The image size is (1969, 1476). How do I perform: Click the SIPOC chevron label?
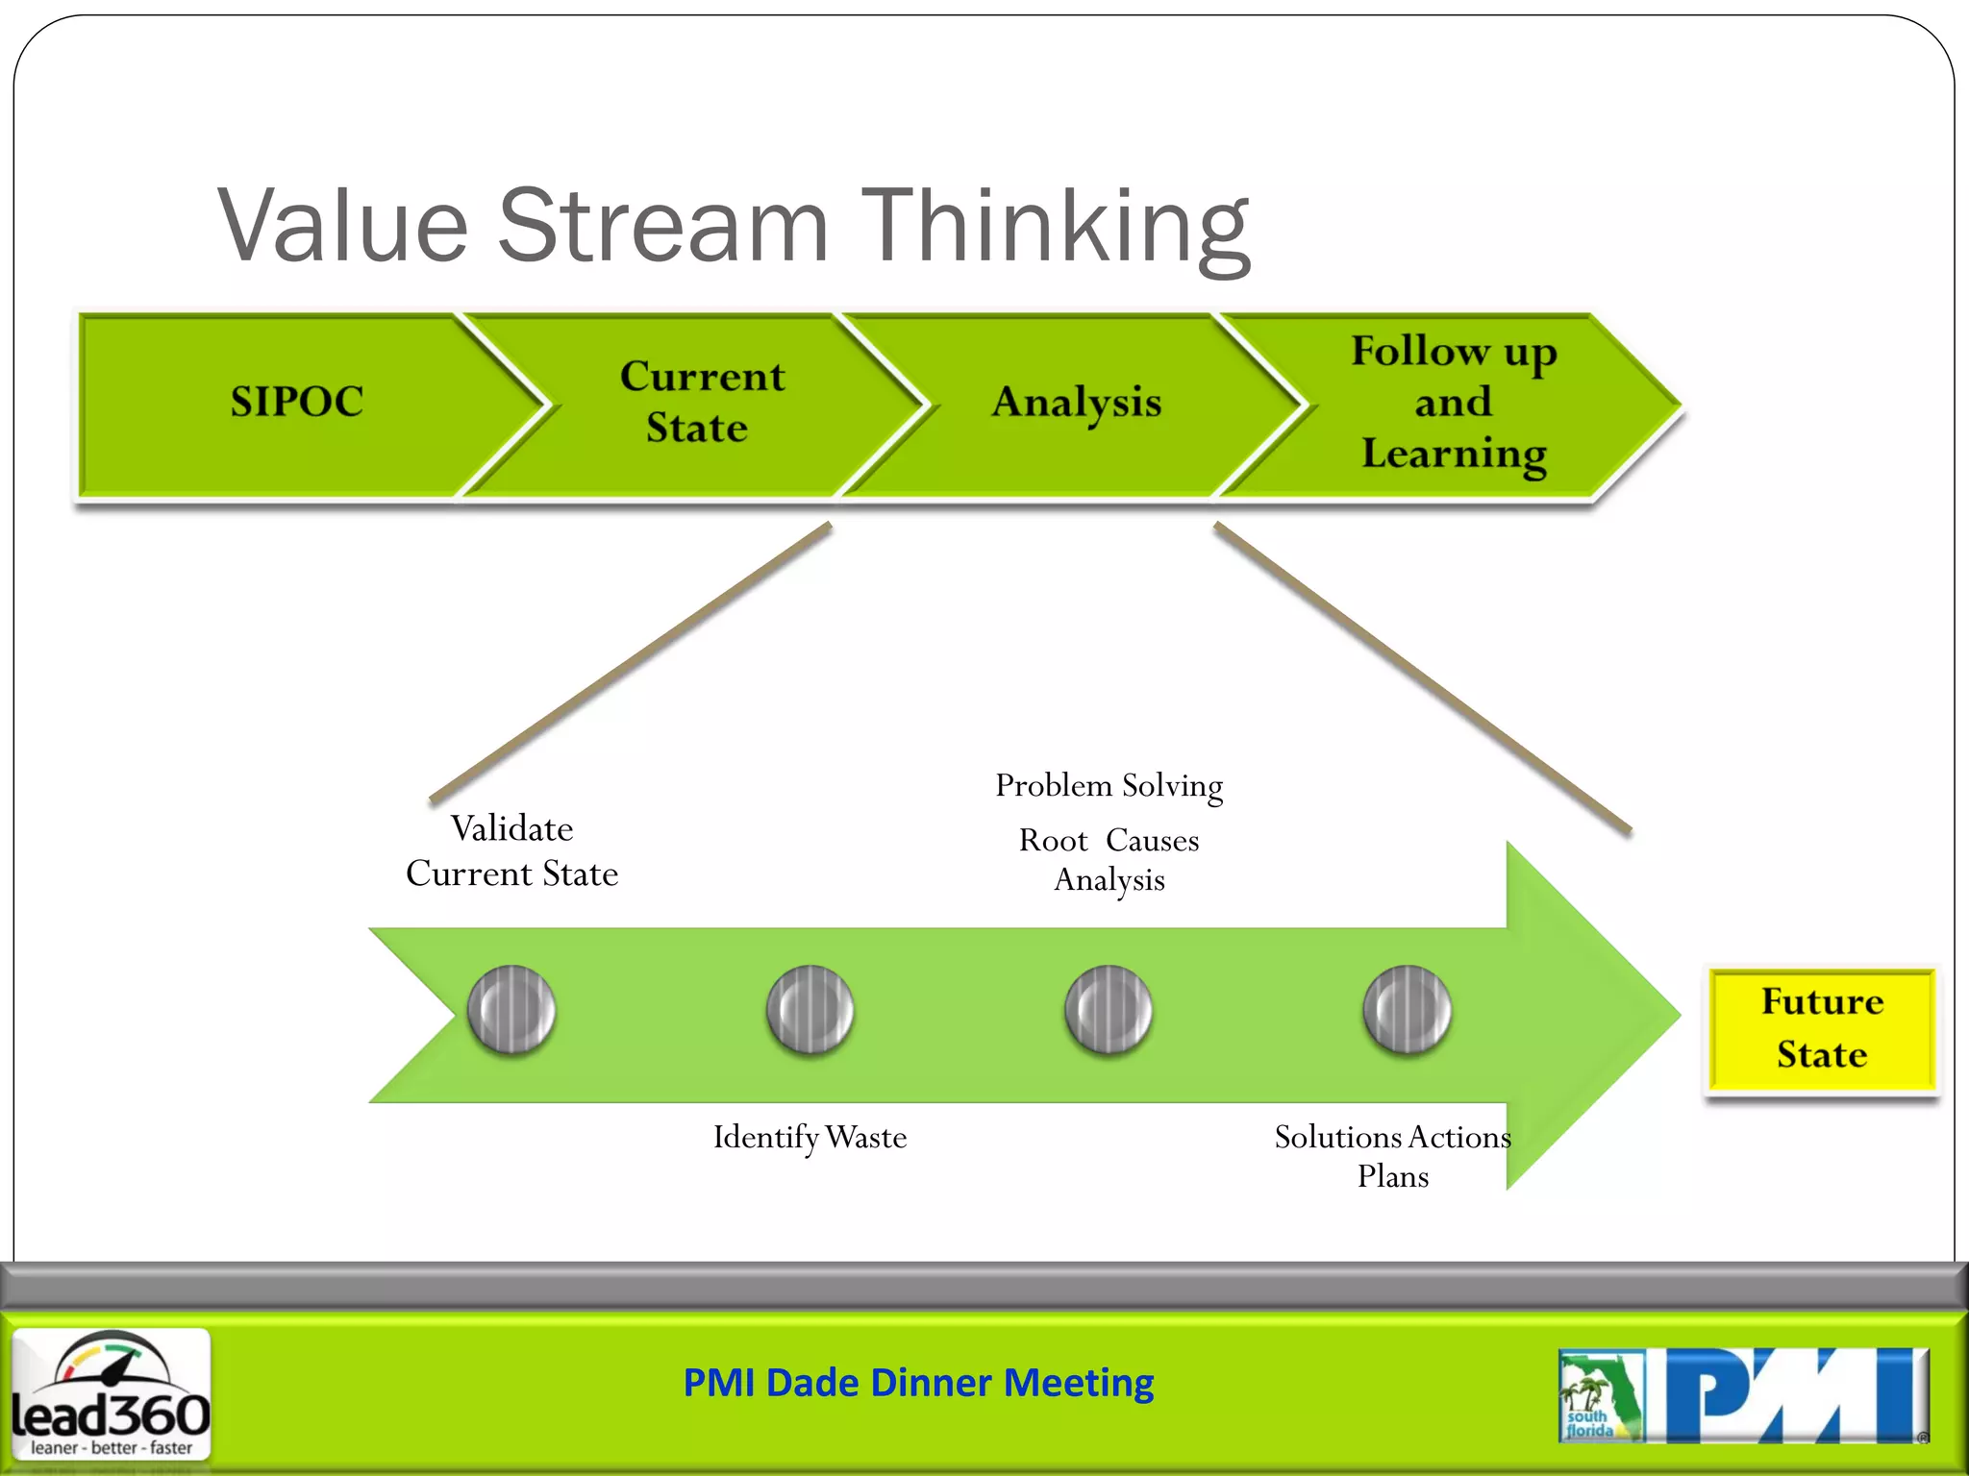pos(297,402)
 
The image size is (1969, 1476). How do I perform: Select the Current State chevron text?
pos(701,402)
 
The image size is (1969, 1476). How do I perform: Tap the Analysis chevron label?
pos(1077,402)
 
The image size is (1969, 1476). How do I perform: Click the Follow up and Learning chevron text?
pos(1454,402)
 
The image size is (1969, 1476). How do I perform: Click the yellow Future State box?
pos(1822,1028)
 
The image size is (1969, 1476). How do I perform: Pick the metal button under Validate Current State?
pos(511,1010)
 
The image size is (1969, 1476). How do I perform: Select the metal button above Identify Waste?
pos(810,1010)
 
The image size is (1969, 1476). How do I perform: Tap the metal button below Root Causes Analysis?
pos(1109,1010)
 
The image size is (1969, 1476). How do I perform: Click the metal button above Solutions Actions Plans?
pos(1407,1010)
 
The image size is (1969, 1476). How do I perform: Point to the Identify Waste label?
pos(810,1138)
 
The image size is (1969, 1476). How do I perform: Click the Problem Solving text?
pos(1109,786)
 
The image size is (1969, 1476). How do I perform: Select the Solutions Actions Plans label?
pos(1392,1156)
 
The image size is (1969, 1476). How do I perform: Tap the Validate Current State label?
pos(511,851)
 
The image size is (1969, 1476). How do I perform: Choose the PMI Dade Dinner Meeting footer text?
pos(918,1383)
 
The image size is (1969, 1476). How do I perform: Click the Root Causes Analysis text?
pos(1109,859)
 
